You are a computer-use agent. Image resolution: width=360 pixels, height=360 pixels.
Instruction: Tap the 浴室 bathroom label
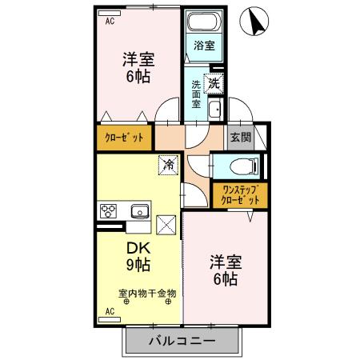[204, 46]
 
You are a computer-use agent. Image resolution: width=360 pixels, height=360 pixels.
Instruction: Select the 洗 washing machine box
[214, 82]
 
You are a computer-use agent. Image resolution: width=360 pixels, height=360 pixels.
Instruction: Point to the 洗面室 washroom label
[196, 94]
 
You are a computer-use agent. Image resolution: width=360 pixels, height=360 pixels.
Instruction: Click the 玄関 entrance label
[240, 137]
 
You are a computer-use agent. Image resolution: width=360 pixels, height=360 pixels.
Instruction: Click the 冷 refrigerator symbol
[169, 165]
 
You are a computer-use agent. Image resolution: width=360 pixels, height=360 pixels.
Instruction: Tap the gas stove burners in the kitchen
[110, 210]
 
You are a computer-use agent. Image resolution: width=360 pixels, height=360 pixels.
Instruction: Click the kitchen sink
[140, 211]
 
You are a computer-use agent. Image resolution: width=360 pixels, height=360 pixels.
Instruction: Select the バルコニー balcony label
[182, 342]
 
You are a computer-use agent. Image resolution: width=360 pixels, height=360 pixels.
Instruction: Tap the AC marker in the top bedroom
[110, 22]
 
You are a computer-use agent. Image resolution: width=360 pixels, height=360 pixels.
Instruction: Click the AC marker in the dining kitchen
[110, 310]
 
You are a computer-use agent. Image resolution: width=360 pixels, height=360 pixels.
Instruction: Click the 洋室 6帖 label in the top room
[138, 68]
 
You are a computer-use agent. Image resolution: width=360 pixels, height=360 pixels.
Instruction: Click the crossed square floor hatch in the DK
[166, 226]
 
